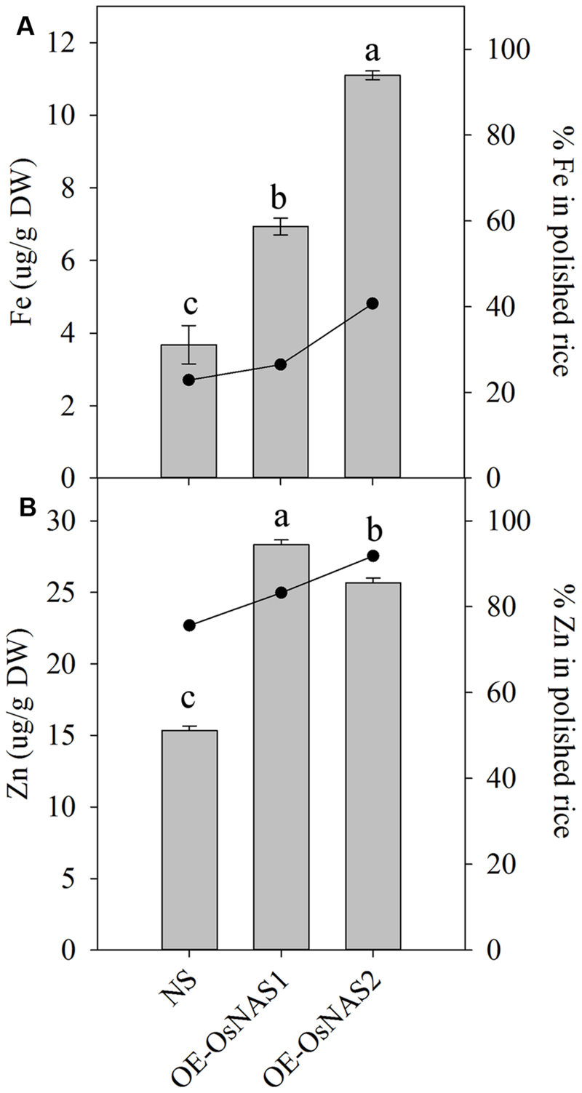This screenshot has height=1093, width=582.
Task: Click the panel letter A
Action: coord(25,27)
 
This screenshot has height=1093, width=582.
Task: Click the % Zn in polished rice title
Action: coord(560,734)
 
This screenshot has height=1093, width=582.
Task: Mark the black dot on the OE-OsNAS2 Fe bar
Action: coord(372,303)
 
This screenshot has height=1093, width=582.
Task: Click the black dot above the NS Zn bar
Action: coord(189,625)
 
